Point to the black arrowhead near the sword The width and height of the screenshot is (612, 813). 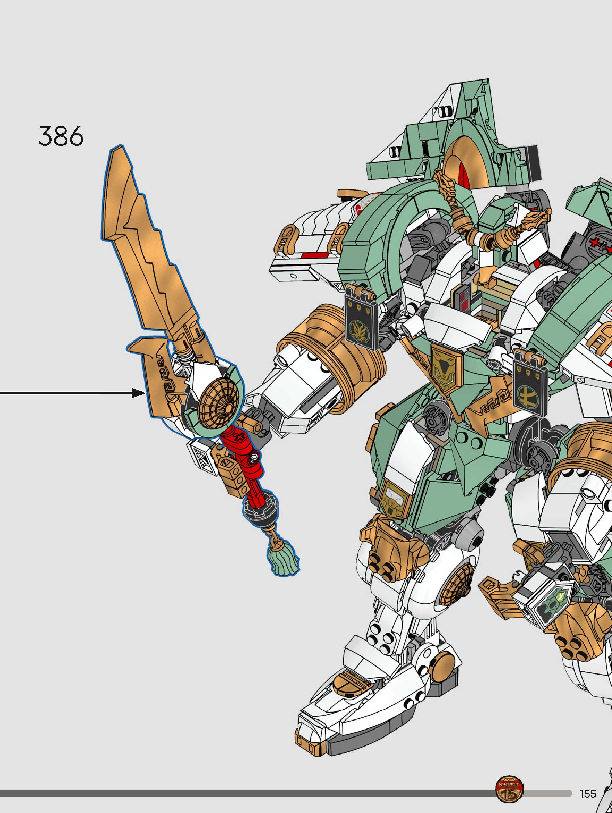(x=138, y=393)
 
